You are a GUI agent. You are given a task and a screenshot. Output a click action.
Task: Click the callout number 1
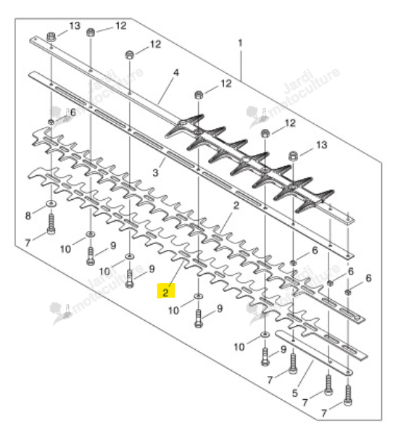pyautogui.click(x=240, y=43)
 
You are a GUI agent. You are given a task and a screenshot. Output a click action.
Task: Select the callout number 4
pyautogui.click(x=176, y=72)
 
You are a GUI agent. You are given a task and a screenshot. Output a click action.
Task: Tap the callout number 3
pyautogui.click(x=155, y=172)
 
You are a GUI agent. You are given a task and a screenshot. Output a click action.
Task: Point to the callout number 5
pyautogui.click(x=294, y=393)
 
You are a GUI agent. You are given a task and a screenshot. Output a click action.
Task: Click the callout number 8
pyautogui.click(x=28, y=216)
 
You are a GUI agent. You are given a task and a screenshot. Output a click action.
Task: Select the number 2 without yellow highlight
pyautogui.click(x=236, y=205)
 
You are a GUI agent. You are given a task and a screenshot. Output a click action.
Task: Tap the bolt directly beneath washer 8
pyautogui.click(x=51, y=224)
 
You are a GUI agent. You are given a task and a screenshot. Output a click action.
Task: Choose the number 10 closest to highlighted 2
pyautogui.click(x=173, y=311)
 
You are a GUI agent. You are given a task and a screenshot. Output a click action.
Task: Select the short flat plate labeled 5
pyautogui.click(x=314, y=353)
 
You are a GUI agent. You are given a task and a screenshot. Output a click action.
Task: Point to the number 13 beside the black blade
pyautogui.click(x=321, y=145)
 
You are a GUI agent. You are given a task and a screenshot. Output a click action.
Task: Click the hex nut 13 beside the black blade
pyautogui.click(x=294, y=156)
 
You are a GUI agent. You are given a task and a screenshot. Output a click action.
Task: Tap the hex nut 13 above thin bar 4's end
pyautogui.click(x=51, y=36)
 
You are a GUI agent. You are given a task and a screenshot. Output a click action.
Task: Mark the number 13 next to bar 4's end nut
pyautogui.click(x=75, y=26)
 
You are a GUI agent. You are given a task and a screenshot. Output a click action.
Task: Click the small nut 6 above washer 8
pyautogui.click(x=51, y=122)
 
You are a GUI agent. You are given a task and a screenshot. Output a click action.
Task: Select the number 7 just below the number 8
pyautogui.click(x=28, y=243)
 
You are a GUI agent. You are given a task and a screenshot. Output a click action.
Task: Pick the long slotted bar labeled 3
pyautogui.click(x=191, y=165)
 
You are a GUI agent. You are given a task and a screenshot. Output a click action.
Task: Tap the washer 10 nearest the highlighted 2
pyautogui.click(x=199, y=296)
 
